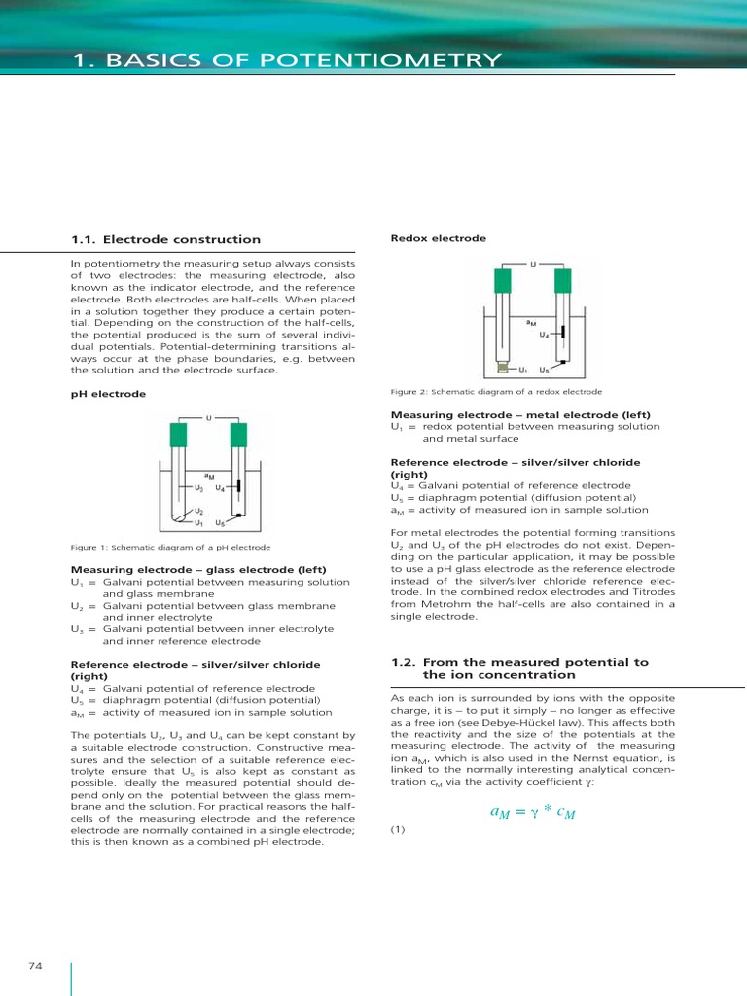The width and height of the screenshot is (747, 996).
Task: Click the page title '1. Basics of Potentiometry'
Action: [x=288, y=62]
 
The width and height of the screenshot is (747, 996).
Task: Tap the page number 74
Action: [x=37, y=965]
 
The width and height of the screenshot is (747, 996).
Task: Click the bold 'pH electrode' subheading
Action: [x=95, y=394]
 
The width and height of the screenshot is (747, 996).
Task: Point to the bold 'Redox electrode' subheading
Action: [x=425, y=238]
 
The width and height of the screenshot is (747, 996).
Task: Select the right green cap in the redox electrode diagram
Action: [x=562, y=281]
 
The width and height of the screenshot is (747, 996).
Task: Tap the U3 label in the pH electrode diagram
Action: [x=198, y=488]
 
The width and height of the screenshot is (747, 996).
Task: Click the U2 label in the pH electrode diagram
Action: [x=198, y=511]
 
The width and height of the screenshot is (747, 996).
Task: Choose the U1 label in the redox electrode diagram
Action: [x=523, y=371]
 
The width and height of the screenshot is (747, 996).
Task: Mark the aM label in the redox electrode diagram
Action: [x=530, y=322]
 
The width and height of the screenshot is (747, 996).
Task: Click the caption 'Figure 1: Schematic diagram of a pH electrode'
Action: [x=170, y=548]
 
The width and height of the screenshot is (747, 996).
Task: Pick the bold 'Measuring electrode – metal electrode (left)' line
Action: [x=520, y=414]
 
